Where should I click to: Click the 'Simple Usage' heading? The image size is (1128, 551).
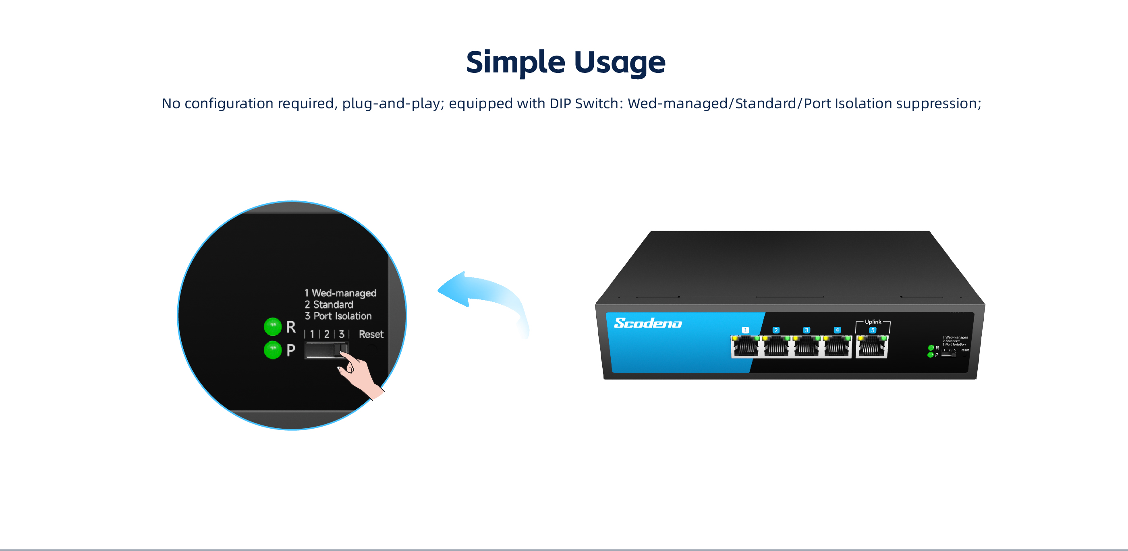[565, 62]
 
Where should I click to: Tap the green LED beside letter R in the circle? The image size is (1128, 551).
[272, 326]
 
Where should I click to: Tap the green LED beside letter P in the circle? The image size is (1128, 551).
[272, 350]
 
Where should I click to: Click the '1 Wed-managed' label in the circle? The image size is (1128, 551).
[341, 293]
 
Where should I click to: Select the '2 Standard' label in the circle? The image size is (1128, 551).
[329, 305]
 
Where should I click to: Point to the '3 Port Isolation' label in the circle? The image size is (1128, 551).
[338, 316]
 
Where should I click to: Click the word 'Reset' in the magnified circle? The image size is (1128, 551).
[371, 334]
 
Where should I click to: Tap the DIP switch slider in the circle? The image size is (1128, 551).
[326, 350]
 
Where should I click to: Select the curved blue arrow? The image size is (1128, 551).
[482, 297]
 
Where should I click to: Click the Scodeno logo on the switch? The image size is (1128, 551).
[648, 323]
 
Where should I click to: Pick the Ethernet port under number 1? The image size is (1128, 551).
[746, 347]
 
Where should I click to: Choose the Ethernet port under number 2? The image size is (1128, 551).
[776, 347]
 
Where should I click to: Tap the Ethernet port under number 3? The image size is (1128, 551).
[807, 347]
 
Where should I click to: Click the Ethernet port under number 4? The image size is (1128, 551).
[837, 347]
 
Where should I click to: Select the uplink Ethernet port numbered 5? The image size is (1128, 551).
[872, 347]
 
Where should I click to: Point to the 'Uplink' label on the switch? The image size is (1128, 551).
[873, 322]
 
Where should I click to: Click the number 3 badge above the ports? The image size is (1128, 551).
[807, 330]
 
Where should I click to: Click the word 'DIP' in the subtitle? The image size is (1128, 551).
[560, 104]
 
